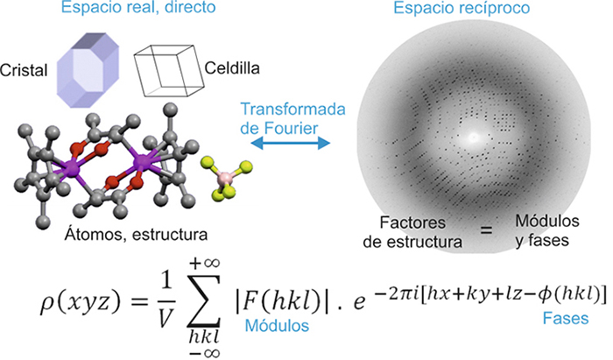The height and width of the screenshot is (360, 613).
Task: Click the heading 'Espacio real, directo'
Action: click(x=138, y=7)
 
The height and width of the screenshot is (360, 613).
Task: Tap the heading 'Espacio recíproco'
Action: click(x=462, y=8)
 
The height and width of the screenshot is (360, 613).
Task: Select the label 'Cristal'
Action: click(x=24, y=70)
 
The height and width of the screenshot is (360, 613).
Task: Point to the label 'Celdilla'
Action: click(x=232, y=68)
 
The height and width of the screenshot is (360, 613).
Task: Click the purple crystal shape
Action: click(x=88, y=70)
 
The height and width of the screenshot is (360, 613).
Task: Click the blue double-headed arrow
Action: click(x=290, y=143)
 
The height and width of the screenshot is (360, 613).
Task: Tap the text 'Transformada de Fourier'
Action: click(x=292, y=118)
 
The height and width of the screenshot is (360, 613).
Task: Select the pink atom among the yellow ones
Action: click(x=226, y=178)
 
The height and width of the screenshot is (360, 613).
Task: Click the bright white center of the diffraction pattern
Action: click(x=474, y=138)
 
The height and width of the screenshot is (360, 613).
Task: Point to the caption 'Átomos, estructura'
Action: click(x=136, y=235)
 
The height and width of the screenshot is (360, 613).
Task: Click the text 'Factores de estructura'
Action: click(x=412, y=232)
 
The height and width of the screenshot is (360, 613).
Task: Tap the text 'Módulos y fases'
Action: click(x=547, y=230)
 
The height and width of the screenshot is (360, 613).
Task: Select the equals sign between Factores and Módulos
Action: click(x=486, y=229)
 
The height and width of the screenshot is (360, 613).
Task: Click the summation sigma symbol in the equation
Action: click(x=204, y=301)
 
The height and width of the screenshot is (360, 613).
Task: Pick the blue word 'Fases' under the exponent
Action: click(x=566, y=319)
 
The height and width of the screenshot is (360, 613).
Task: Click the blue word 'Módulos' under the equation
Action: click(x=277, y=326)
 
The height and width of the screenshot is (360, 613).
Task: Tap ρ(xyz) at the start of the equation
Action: click(x=80, y=302)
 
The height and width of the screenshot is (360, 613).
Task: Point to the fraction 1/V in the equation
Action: click(x=166, y=300)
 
